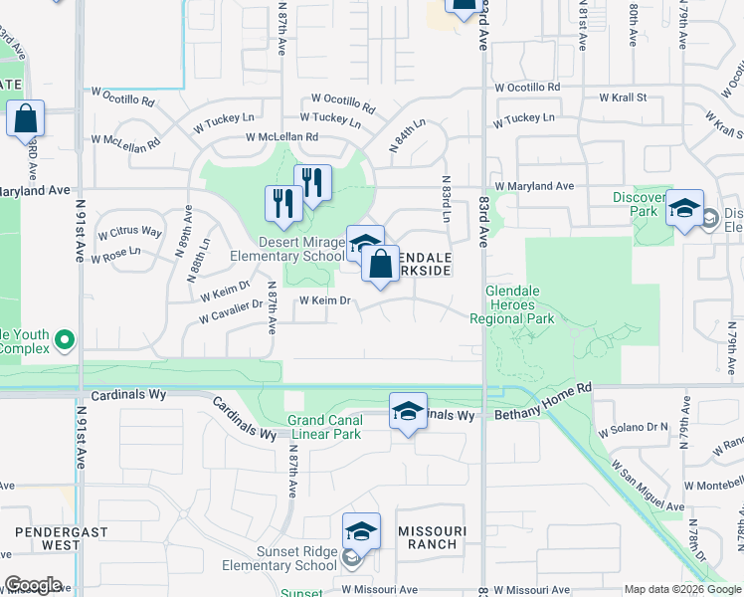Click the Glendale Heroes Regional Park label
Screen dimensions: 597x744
[517, 304]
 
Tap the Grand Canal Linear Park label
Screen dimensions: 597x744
[324, 427]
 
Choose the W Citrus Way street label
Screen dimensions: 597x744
[129, 232]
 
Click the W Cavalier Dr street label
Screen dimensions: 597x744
[230, 312]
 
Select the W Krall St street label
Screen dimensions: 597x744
[623, 98]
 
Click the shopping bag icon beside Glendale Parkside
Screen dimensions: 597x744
[380, 266]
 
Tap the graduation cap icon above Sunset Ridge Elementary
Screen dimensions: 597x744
[361, 531]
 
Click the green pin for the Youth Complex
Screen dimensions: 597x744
[66, 341]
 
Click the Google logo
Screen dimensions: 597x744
[33, 585]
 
